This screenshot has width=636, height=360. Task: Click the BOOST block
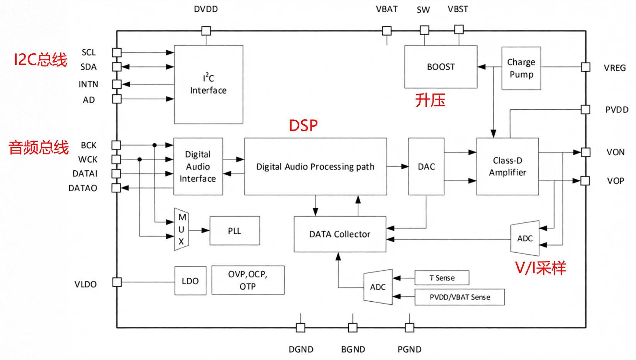coord(441,67)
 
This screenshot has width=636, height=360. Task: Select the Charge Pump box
coord(521,68)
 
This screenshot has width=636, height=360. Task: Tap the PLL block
coord(234,231)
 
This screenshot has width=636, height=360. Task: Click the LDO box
coord(190,281)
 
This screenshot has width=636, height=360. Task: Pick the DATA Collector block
coord(340,234)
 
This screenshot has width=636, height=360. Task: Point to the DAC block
coord(426,166)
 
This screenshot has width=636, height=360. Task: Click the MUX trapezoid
coord(181,229)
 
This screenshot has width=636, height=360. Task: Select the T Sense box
coord(442,278)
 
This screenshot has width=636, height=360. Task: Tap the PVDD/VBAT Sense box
coord(460,297)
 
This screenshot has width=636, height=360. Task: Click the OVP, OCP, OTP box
coord(248,280)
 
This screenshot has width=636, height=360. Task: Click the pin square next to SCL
coord(117,53)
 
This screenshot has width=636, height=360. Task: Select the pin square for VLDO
coord(117,282)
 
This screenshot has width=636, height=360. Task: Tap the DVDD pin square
coord(206,31)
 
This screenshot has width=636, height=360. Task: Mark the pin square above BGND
coord(353,328)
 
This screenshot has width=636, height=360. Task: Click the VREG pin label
coord(614,68)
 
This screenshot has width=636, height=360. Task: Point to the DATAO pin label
coord(83,188)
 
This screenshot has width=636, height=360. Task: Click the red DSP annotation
coord(303,126)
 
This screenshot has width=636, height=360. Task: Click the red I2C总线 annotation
coord(41,59)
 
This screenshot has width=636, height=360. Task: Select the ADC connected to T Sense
coord(378,287)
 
